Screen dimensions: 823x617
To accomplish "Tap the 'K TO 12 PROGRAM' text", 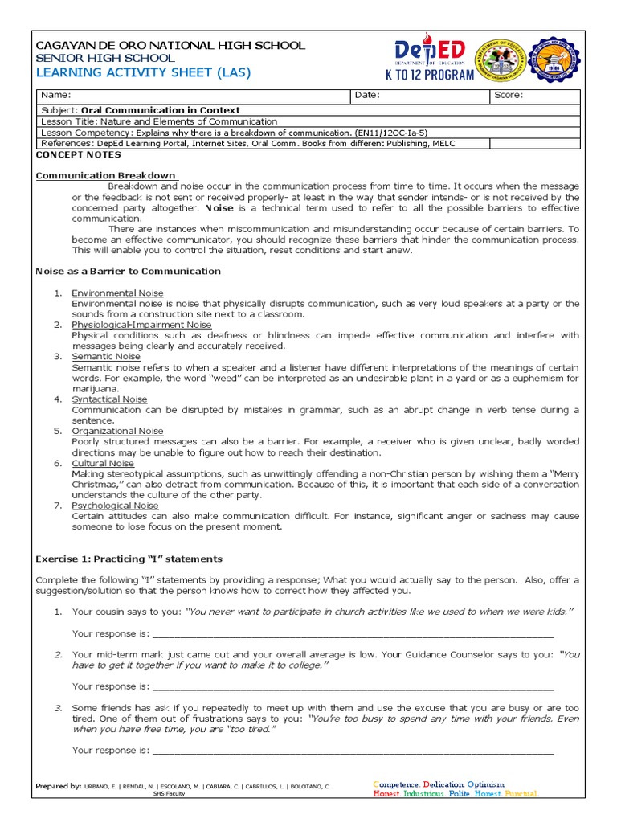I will pyautogui.click(x=430, y=75).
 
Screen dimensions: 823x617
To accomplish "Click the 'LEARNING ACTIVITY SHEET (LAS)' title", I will pyautogui.click(x=144, y=72).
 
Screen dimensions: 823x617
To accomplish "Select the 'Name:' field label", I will pyautogui.click(x=55, y=96).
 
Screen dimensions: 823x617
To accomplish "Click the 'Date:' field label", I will pyautogui.click(x=367, y=96).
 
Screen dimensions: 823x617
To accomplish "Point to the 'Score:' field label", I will pyautogui.click(x=509, y=96).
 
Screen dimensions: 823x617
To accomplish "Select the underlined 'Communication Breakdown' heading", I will pyautogui.click(x=106, y=175).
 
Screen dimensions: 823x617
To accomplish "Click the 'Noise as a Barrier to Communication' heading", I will pyautogui.click(x=129, y=272).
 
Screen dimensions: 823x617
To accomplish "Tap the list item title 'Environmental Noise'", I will pyautogui.click(x=117, y=293).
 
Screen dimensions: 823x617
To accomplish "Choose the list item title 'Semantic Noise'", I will pyautogui.click(x=105, y=356).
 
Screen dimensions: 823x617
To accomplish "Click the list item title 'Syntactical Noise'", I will pyautogui.click(x=109, y=399).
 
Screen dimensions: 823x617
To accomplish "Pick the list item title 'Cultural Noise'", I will pyautogui.click(x=103, y=463).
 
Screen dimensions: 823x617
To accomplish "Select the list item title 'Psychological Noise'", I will pyautogui.click(x=115, y=506).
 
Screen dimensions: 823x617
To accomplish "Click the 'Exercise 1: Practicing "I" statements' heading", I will pyautogui.click(x=129, y=559).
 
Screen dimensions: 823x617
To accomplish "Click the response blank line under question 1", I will pyautogui.click(x=353, y=633).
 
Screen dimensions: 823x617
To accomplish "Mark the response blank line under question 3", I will pyautogui.click(x=353, y=751).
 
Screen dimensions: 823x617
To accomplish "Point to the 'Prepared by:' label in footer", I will pyautogui.click(x=59, y=785).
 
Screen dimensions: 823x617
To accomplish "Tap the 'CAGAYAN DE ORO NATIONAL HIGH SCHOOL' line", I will pyautogui.click(x=170, y=45).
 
